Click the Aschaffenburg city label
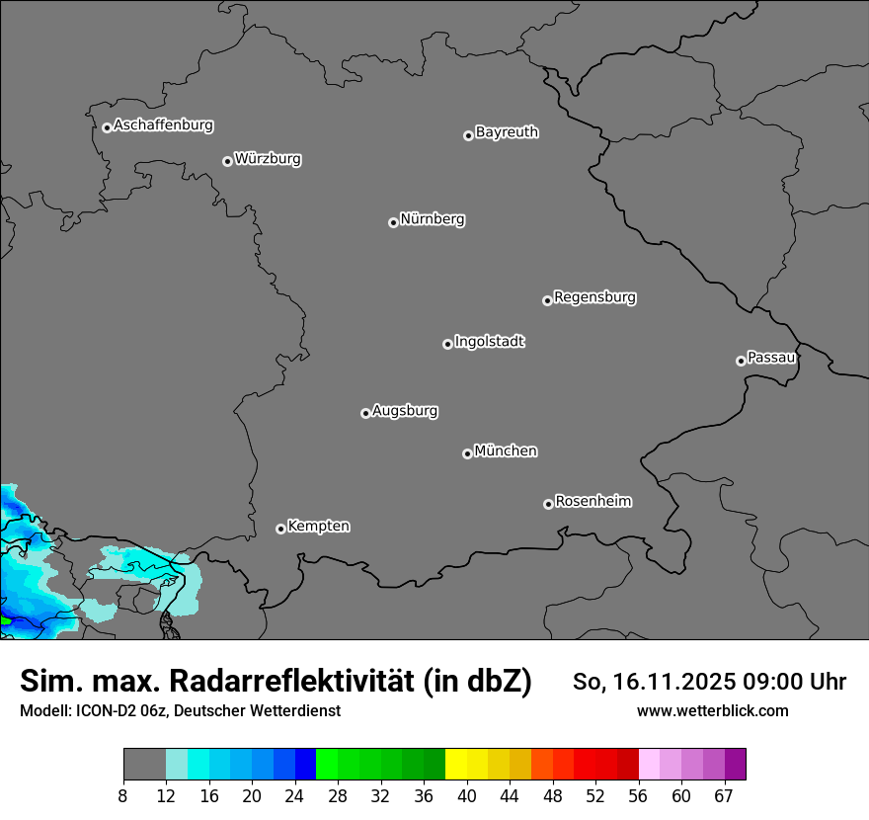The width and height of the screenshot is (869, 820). [x=163, y=125]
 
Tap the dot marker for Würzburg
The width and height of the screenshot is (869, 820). [x=227, y=161]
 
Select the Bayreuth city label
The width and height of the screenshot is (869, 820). [x=507, y=131]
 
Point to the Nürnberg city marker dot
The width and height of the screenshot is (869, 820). [x=393, y=222]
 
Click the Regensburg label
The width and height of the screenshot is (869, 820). [x=594, y=296]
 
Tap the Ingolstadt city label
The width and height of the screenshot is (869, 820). [x=489, y=342]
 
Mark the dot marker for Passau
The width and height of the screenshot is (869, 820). [x=741, y=361]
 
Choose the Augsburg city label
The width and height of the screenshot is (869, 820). [x=405, y=410]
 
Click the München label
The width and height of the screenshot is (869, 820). [x=506, y=451]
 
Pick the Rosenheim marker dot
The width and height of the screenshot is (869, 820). [x=548, y=505]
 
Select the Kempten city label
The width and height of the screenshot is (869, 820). [x=318, y=526]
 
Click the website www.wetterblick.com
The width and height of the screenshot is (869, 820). [x=712, y=710]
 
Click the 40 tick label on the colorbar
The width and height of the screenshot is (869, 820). [x=467, y=796]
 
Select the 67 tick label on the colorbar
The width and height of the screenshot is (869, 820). [x=724, y=796]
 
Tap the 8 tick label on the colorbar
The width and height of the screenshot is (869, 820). [x=123, y=796]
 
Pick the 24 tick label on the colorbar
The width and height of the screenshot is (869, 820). [x=295, y=796]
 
